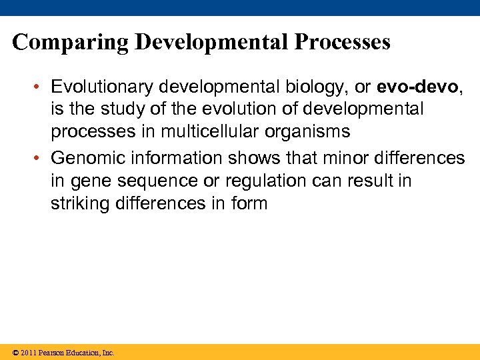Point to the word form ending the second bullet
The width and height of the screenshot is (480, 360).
[249, 203]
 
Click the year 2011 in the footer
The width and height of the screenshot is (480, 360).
[29, 353]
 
